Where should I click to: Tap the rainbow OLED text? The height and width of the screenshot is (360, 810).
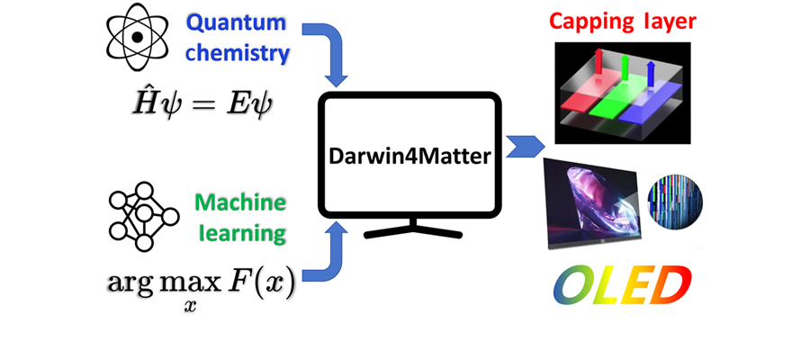coord(622,285)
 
